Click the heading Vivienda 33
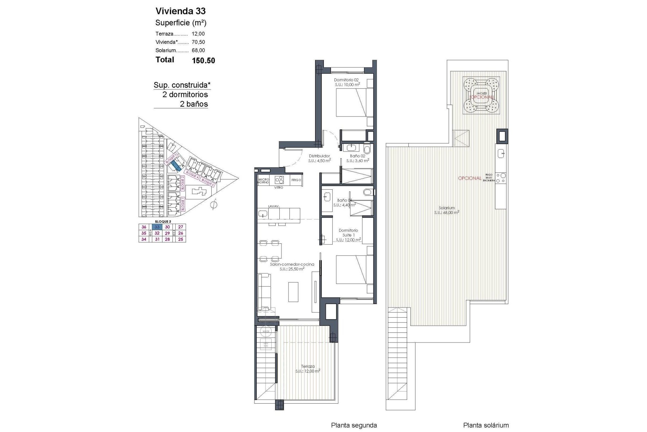click(x=180, y=11)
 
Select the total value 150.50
click(x=203, y=60)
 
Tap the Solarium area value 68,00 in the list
click(x=198, y=50)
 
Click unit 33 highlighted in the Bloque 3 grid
click(x=157, y=227)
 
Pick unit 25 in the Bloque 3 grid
click(x=181, y=239)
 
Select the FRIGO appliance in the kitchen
click(x=296, y=180)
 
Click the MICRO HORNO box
click(x=263, y=181)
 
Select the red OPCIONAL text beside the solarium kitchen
click(x=469, y=178)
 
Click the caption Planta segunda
click(x=354, y=425)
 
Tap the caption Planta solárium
click(x=486, y=425)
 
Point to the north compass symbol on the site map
click(x=214, y=205)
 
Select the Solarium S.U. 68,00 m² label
click(x=446, y=210)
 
